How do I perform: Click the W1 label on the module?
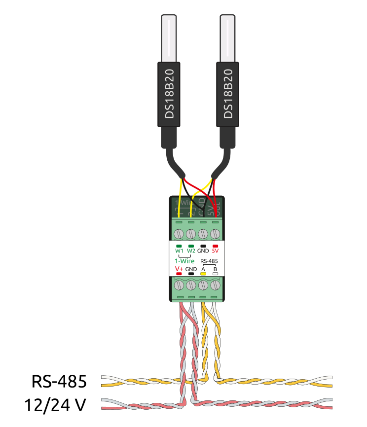[179, 250]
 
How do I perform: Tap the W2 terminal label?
[191, 250]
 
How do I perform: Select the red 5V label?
[215, 250]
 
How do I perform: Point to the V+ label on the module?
[179, 269]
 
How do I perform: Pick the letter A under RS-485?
[203, 269]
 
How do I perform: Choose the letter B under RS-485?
[215, 269]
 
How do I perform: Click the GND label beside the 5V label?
[203, 250]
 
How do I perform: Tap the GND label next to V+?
[191, 269]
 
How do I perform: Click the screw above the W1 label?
[179, 233]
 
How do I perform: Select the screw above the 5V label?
[215, 233]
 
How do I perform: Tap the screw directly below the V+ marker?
[179, 285]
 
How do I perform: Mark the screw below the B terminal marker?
[215, 285]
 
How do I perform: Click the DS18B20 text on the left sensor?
[170, 93]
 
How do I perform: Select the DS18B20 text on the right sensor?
[227, 93]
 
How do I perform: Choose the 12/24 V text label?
[55, 406]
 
